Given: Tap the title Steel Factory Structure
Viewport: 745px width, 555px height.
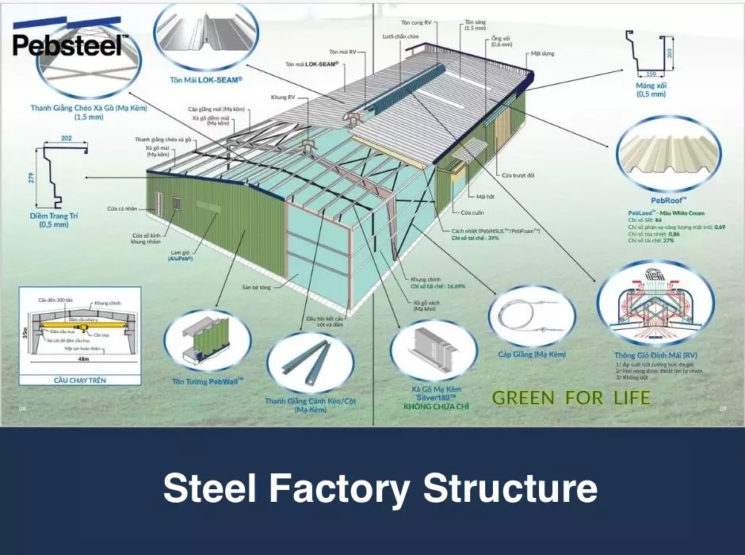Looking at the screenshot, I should (380, 488).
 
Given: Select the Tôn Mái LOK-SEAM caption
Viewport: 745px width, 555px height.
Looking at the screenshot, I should (205, 80).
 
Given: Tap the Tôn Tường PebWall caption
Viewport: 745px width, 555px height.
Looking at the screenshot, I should (208, 381).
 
